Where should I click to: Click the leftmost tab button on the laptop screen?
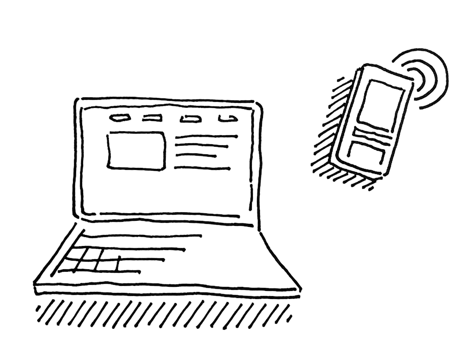[119, 118]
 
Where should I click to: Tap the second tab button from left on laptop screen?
[151, 118]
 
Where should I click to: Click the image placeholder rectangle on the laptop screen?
[137, 150]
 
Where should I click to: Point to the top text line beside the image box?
[206, 136]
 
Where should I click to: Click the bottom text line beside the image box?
[202, 168]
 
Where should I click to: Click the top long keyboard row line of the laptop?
[141, 236]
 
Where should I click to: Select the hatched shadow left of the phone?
[330, 136]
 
